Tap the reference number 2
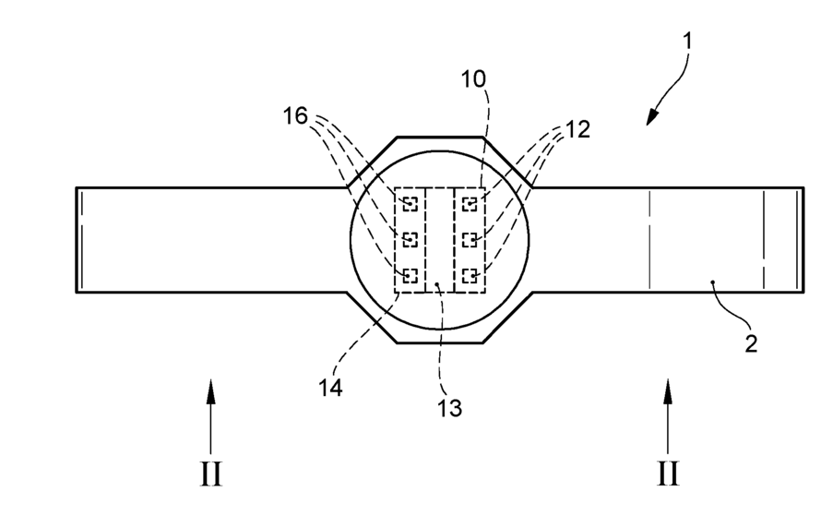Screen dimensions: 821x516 point(751,345)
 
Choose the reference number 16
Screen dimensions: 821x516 point(295,114)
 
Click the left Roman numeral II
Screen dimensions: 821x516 point(210,474)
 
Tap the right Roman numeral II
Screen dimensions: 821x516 point(668,474)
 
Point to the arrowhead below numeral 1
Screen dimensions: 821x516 point(651,115)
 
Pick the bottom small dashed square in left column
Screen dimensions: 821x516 point(410,275)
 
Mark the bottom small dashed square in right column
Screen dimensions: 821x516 point(470,275)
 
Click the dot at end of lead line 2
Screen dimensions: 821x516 point(713,281)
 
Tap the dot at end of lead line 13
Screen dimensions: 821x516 point(439,284)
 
